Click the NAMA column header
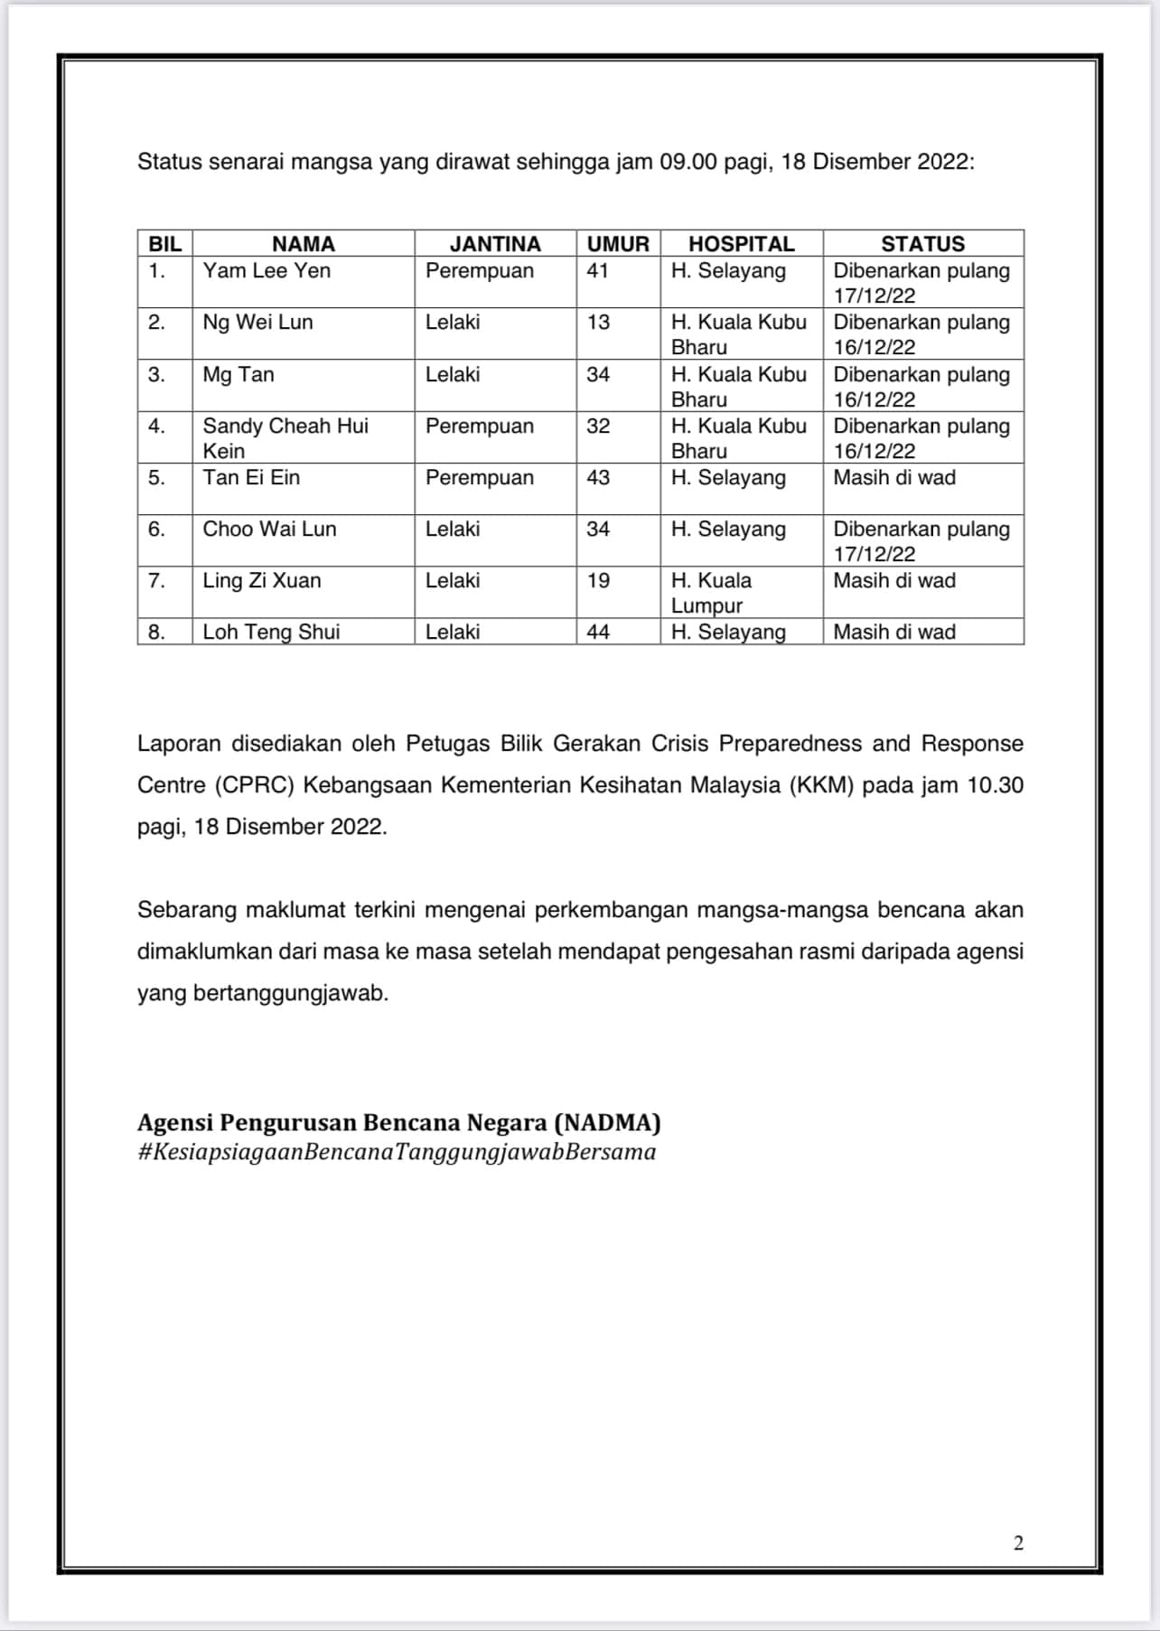point(303,244)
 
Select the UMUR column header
point(618,244)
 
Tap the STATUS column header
point(922,244)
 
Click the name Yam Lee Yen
point(267,270)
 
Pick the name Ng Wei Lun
point(257,322)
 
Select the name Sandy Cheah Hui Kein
point(285,437)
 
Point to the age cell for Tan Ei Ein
point(598,477)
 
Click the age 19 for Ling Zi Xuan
point(598,580)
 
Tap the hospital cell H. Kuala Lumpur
point(711,593)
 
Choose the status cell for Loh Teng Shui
point(894,632)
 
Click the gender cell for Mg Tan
point(453,374)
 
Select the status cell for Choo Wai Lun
point(921,540)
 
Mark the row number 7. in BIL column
point(156,580)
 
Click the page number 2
point(1018,1542)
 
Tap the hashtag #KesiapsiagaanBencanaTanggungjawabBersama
point(397,1152)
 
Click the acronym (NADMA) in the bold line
point(607,1122)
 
